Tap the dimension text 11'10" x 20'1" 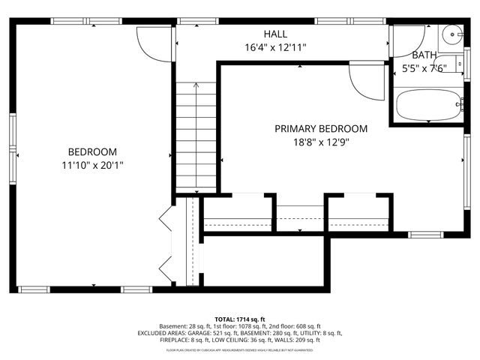pos(93,164)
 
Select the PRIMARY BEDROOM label pos(320,128)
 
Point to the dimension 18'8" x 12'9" pos(320,142)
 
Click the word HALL pos(274,34)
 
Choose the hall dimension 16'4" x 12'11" pos(274,47)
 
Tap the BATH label pos(424,55)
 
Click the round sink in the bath pos(451,34)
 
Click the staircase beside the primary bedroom pos(196,135)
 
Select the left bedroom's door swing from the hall pos(153,44)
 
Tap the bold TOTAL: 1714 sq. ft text pos(240,319)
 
